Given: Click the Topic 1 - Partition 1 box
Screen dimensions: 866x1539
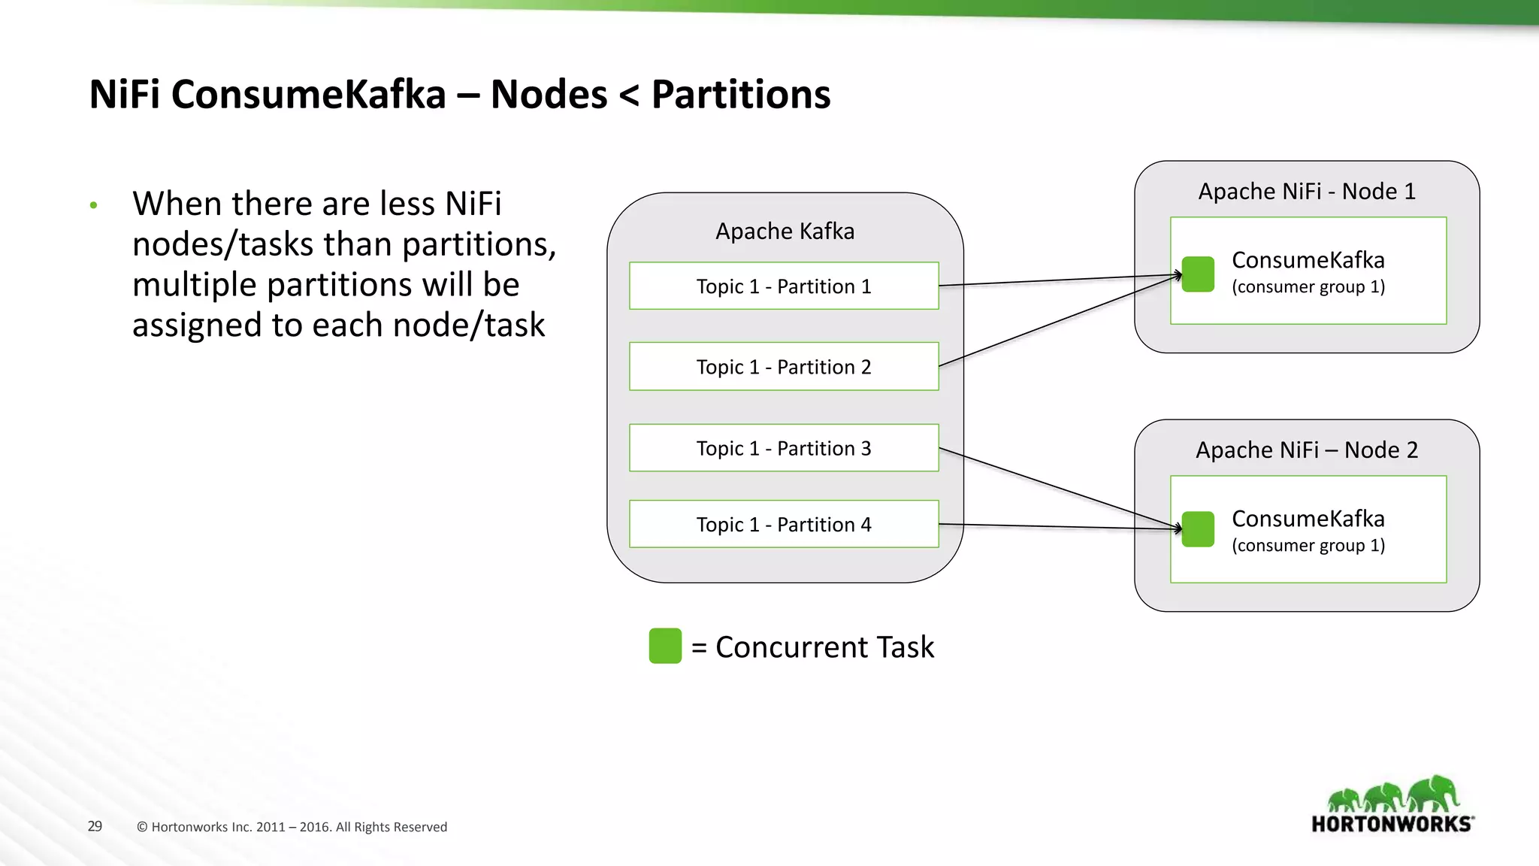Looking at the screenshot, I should (x=784, y=286).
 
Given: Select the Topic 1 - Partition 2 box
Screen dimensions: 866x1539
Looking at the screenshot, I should (x=784, y=367).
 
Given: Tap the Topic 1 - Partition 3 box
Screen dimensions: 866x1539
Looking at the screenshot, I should (x=784, y=448).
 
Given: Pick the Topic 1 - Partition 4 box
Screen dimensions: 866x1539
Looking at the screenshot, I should (x=784, y=524).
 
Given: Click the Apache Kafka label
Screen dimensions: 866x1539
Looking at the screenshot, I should (x=785, y=231).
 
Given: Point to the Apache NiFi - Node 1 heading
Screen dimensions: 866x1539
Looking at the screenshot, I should (x=1307, y=191).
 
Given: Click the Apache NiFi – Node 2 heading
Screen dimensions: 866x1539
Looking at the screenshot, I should (x=1307, y=450).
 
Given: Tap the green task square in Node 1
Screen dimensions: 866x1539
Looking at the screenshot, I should (x=1198, y=274).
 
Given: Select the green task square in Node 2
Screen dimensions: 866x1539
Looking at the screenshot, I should (x=1198, y=529).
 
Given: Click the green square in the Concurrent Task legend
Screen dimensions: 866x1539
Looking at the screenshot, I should (x=665, y=646).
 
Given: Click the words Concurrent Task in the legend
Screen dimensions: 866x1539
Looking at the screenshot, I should (x=824, y=646).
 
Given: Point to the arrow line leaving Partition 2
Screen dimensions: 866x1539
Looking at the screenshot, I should (x=1060, y=321).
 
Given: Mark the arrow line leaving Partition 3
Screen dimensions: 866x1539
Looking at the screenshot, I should (x=1060, y=488).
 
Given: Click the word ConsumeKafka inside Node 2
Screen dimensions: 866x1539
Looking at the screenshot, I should (x=1308, y=519).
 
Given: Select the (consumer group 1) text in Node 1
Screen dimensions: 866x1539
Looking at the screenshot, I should (x=1308, y=286).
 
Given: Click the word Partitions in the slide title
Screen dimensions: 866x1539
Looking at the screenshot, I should (x=740, y=95).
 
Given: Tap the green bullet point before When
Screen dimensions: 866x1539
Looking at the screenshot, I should (x=93, y=205).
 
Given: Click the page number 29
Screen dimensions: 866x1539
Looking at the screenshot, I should (x=95, y=826).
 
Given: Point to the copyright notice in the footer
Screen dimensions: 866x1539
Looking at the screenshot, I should (x=292, y=827).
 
